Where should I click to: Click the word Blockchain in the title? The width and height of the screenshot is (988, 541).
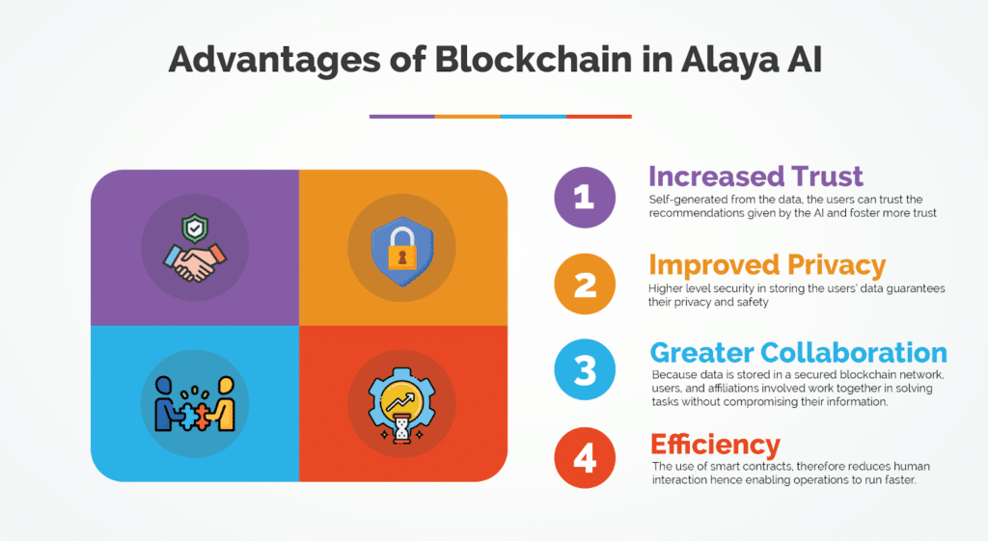[533, 60]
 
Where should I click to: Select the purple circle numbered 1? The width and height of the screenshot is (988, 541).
[585, 197]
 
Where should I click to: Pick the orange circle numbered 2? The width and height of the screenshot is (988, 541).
[585, 284]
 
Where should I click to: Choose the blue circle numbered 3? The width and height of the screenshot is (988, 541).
[585, 369]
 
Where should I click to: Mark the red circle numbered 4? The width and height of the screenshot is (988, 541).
[585, 458]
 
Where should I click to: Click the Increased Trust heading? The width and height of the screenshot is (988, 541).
[755, 176]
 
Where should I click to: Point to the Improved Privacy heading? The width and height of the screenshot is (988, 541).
[767, 265]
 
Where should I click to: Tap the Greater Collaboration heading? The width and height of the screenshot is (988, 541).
[798, 353]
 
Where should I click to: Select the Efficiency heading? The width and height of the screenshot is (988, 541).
[715, 445]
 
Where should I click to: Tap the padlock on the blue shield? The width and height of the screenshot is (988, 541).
[402, 248]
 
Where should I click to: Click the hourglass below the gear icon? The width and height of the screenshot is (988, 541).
[401, 428]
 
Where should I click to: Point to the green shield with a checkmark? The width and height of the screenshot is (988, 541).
[195, 228]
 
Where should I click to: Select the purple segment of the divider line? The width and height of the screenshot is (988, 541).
[402, 117]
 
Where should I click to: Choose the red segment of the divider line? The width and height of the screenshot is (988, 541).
[598, 117]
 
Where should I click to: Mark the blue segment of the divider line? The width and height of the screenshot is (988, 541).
[533, 117]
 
